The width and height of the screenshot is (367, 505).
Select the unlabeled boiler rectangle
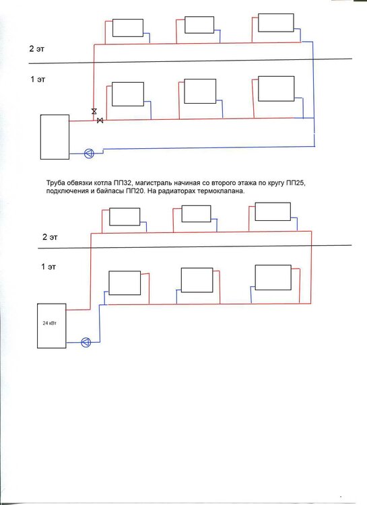click(x=54, y=137)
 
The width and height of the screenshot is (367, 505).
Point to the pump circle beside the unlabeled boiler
click(x=89, y=153)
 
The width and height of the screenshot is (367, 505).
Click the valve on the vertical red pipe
click(x=94, y=110)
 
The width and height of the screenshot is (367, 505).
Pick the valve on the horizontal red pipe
click(x=100, y=120)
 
